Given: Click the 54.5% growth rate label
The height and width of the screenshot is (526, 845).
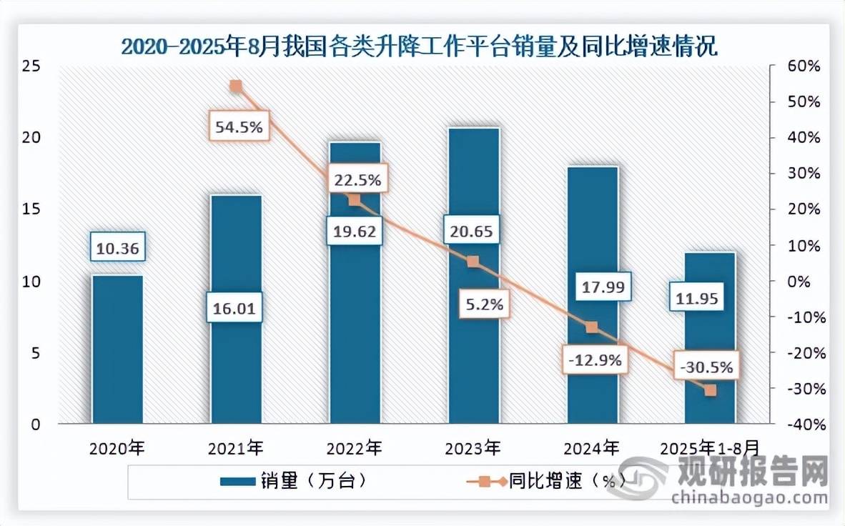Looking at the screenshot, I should pos(239,128).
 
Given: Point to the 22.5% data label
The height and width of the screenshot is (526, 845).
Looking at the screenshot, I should pos(357,178).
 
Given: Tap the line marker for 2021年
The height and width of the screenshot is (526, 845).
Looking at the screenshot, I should pos(237,86).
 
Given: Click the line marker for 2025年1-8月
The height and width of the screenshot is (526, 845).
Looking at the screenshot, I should pos(710,390).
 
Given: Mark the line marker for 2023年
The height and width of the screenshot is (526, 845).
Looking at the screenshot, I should pos(473,262).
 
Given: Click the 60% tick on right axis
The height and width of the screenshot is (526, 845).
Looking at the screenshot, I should pos(802,66).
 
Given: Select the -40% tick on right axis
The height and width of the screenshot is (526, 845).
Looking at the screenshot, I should pos(802,425).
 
